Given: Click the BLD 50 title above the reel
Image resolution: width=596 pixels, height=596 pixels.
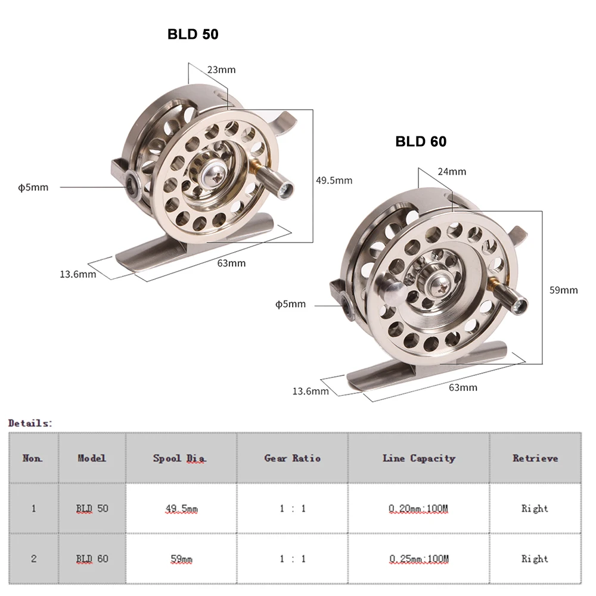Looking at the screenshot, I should click(x=193, y=35).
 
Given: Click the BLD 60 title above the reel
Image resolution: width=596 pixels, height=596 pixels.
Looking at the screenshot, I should click(x=421, y=141).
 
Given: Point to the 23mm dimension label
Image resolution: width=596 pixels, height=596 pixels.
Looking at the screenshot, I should click(x=221, y=70).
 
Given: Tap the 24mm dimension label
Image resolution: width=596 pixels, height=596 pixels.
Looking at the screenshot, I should click(x=452, y=172).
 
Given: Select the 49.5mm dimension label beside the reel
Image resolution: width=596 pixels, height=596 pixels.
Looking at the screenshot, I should click(x=334, y=180).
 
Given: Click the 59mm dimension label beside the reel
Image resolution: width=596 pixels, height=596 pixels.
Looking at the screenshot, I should click(x=563, y=290).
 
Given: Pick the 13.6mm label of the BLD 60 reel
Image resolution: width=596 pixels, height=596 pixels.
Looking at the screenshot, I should click(x=310, y=391).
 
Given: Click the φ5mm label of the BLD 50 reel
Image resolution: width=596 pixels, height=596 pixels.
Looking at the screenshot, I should click(x=33, y=187).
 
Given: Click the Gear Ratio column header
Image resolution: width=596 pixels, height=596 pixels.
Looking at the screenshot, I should click(x=292, y=458).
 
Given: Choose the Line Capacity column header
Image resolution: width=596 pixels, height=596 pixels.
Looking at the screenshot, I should click(x=418, y=458).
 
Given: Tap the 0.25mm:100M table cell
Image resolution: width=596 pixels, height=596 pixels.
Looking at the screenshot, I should click(x=418, y=559).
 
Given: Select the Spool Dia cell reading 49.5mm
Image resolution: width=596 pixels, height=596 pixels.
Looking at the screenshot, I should click(x=181, y=508).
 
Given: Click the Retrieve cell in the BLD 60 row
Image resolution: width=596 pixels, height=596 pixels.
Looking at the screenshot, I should click(x=535, y=559).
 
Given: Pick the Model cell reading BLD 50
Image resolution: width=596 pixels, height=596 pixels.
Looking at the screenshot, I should click(x=92, y=508).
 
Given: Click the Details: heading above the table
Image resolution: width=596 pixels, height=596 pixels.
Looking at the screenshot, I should click(x=30, y=423).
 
